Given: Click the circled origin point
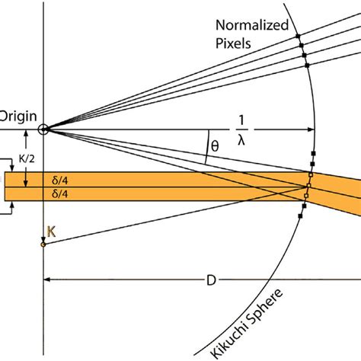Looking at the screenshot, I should tap(44, 129).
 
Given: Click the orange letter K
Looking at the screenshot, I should tap(51, 231).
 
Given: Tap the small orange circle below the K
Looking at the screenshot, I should tap(43, 244).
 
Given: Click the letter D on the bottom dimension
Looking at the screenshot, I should tap(211, 280).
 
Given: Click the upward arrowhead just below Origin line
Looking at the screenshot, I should tap(27, 134).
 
